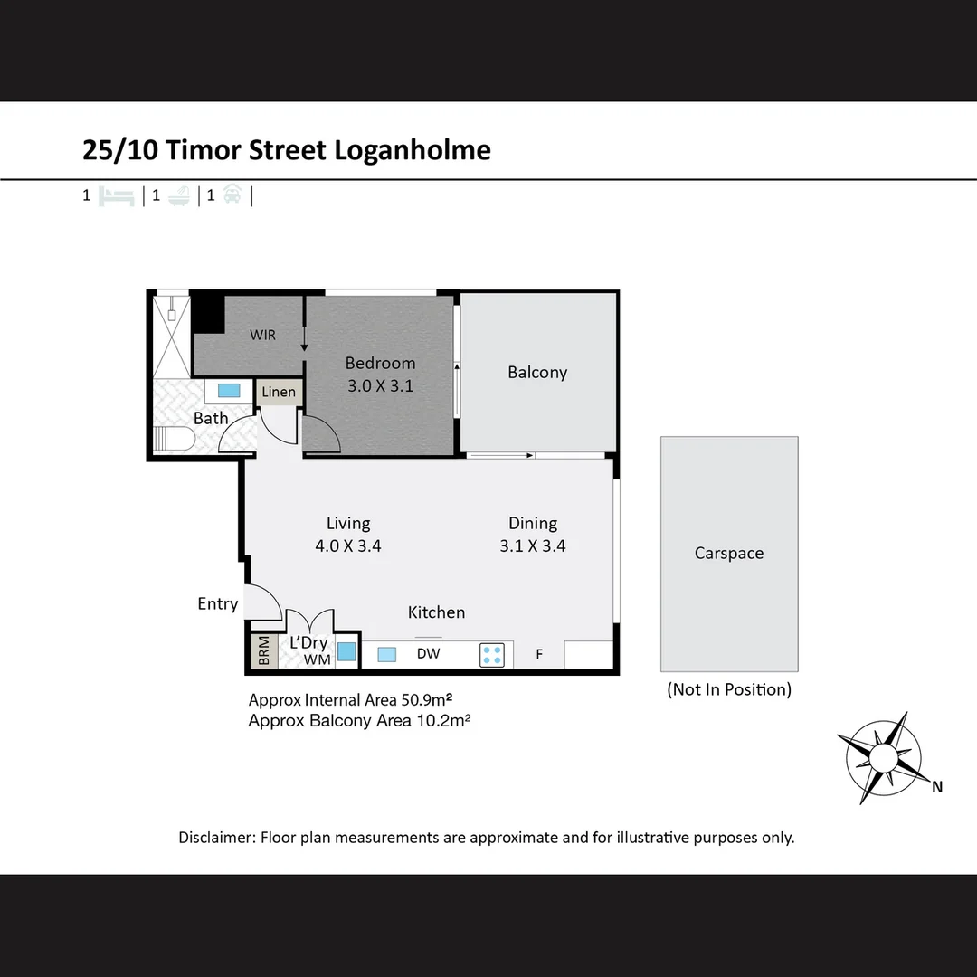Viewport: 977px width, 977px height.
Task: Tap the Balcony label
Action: pos(537,372)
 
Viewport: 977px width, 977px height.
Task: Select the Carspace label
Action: pos(729,553)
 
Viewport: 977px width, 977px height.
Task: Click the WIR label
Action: pos(263,335)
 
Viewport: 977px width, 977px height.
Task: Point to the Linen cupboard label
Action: pos(279,392)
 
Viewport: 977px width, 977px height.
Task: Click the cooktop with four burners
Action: pos(492,654)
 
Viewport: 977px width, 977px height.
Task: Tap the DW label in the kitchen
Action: pos(428,653)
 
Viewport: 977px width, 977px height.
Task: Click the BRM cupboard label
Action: pos(263,652)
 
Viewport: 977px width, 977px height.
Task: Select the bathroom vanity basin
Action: pos(230,391)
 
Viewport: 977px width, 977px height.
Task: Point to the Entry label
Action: pos(217,603)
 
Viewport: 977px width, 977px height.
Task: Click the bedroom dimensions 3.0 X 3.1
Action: pos(380,385)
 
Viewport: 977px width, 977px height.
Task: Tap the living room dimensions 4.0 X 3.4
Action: pos(348,545)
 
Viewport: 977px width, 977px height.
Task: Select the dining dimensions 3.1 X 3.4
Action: pos(532,545)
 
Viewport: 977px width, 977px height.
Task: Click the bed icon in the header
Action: pos(118,195)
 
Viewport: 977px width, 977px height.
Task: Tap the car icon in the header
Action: pos(232,194)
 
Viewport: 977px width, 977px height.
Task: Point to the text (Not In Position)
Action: pos(729,689)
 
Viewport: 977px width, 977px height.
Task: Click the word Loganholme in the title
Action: pos(413,149)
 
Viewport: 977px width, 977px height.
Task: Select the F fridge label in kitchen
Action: pos(539,654)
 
